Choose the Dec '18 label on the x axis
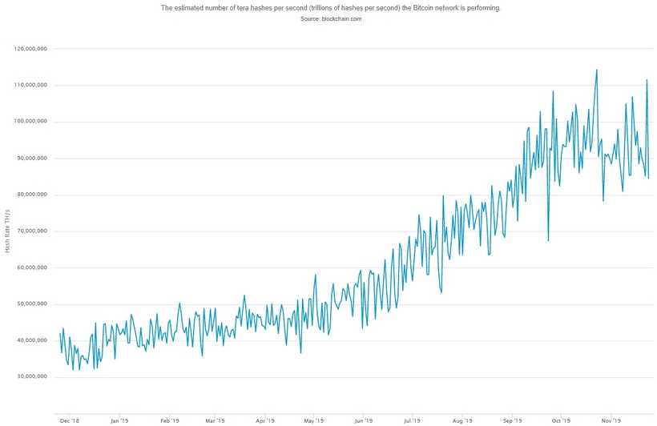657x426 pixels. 69,419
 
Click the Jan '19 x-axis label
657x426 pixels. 119,419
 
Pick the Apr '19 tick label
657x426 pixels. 266,419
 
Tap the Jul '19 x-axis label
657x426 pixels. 413,419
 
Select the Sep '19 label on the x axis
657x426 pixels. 513,419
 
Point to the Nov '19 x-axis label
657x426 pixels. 611,419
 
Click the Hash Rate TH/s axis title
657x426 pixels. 7,231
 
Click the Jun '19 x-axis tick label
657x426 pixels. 364,419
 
